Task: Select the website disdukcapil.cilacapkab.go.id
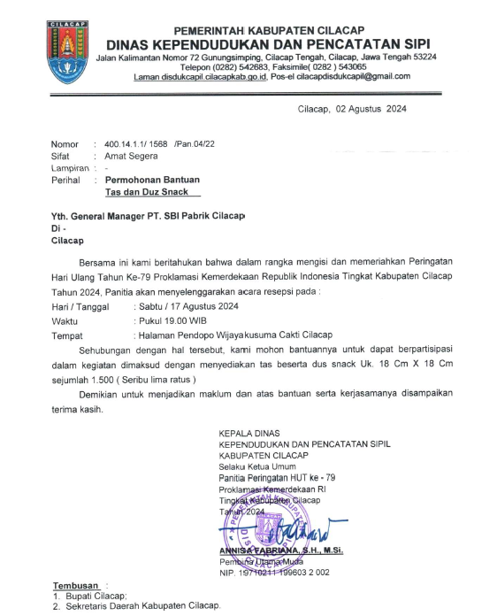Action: point(211,76)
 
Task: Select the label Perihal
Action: point(67,179)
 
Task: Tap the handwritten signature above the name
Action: point(274,533)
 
